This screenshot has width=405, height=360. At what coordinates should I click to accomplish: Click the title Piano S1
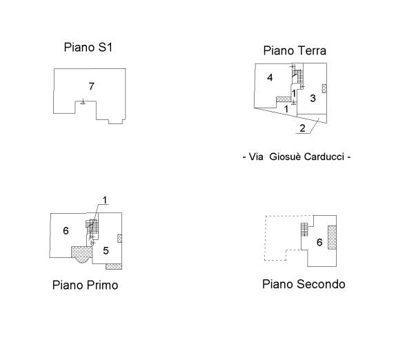pyautogui.click(x=88, y=48)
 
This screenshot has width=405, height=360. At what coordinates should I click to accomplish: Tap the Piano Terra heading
pyautogui.click(x=295, y=50)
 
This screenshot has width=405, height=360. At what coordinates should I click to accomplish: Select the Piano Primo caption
pyautogui.click(x=86, y=285)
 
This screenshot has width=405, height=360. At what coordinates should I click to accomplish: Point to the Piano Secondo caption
pyautogui.click(x=304, y=284)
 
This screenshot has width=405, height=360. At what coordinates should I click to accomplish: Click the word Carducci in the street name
pyautogui.click(x=324, y=157)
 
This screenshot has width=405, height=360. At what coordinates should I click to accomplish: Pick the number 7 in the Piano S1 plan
pyautogui.click(x=92, y=86)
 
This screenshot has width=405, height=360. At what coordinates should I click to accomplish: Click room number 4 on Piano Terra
pyautogui.click(x=270, y=77)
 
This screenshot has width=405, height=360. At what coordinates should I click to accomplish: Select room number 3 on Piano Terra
pyautogui.click(x=313, y=98)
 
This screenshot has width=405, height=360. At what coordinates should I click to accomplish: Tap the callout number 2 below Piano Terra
pyautogui.click(x=302, y=128)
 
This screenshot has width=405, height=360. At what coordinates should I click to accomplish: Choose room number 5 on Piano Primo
pyautogui.click(x=106, y=250)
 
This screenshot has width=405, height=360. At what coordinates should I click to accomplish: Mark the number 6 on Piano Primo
pyautogui.click(x=66, y=230)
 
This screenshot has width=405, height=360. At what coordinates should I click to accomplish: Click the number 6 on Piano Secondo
pyautogui.click(x=319, y=242)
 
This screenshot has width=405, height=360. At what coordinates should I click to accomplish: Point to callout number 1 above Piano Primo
pyautogui.click(x=105, y=200)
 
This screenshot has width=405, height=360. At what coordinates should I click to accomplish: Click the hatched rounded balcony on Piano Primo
pyautogui.click(x=81, y=254)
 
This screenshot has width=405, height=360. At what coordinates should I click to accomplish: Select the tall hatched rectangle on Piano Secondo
pyautogui.click(x=332, y=237)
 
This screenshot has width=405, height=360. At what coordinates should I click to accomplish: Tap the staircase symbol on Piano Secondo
pyautogui.click(x=304, y=230)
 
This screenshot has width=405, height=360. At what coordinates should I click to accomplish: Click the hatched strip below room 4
pyautogui.click(x=284, y=99)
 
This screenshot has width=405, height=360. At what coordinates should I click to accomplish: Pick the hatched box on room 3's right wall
pyautogui.click(x=324, y=88)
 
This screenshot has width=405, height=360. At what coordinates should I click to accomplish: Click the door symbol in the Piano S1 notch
pyautogui.click(x=83, y=101)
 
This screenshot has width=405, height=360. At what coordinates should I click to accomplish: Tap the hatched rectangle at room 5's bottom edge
pyautogui.click(x=114, y=266)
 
